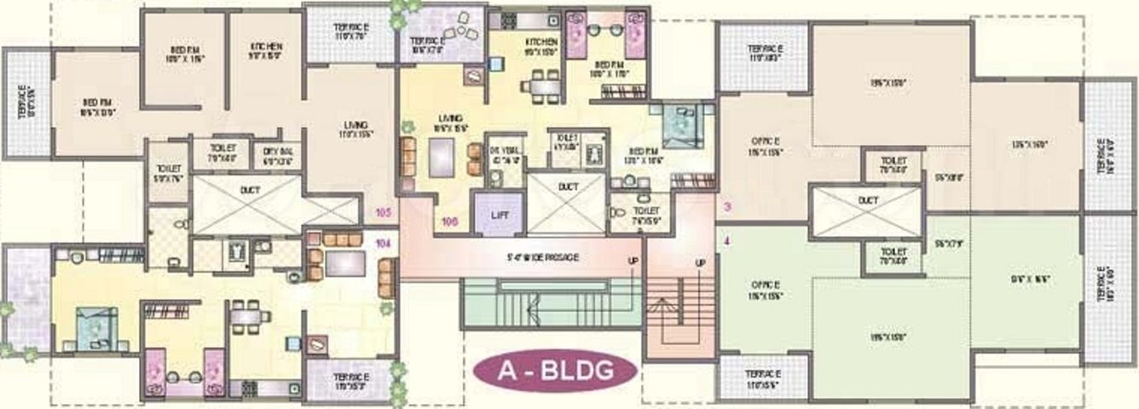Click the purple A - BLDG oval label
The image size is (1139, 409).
pyautogui.click(x=554, y=372)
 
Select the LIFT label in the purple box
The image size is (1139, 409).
pyautogui.click(x=499, y=216)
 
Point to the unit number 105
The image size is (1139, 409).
pyautogui.click(x=382, y=213)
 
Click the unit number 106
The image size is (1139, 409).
pyautogui.click(x=450, y=222)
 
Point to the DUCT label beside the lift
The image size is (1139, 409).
pyautogui.click(x=569, y=185)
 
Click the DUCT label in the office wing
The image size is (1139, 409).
pyautogui.click(x=868, y=200)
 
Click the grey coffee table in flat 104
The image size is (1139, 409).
pyautogui.click(x=344, y=262)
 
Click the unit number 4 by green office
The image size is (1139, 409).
pyautogui.click(x=726, y=241)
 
